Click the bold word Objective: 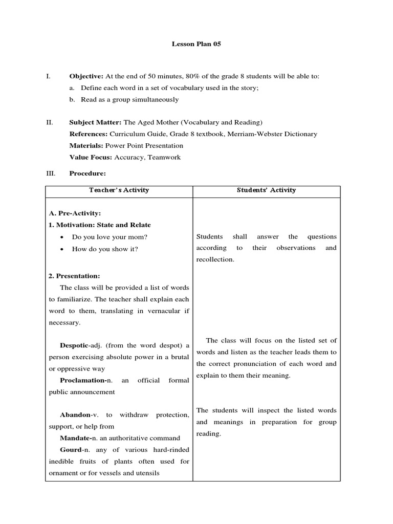click(x=86, y=76)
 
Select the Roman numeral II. click(x=50, y=122)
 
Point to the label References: click(x=88, y=134)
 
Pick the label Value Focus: click(x=90, y=158)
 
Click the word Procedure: click(x=88, y=173)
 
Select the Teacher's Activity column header click(x=119, y=190)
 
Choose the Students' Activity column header click(x=266, y=190)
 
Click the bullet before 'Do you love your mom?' click(x=62, y=237)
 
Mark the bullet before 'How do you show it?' click(x=62, y=249)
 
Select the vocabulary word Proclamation click(x=81, y=381)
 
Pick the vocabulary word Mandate click(x=74, y=438)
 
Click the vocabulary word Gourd click(x=71, y=450)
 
